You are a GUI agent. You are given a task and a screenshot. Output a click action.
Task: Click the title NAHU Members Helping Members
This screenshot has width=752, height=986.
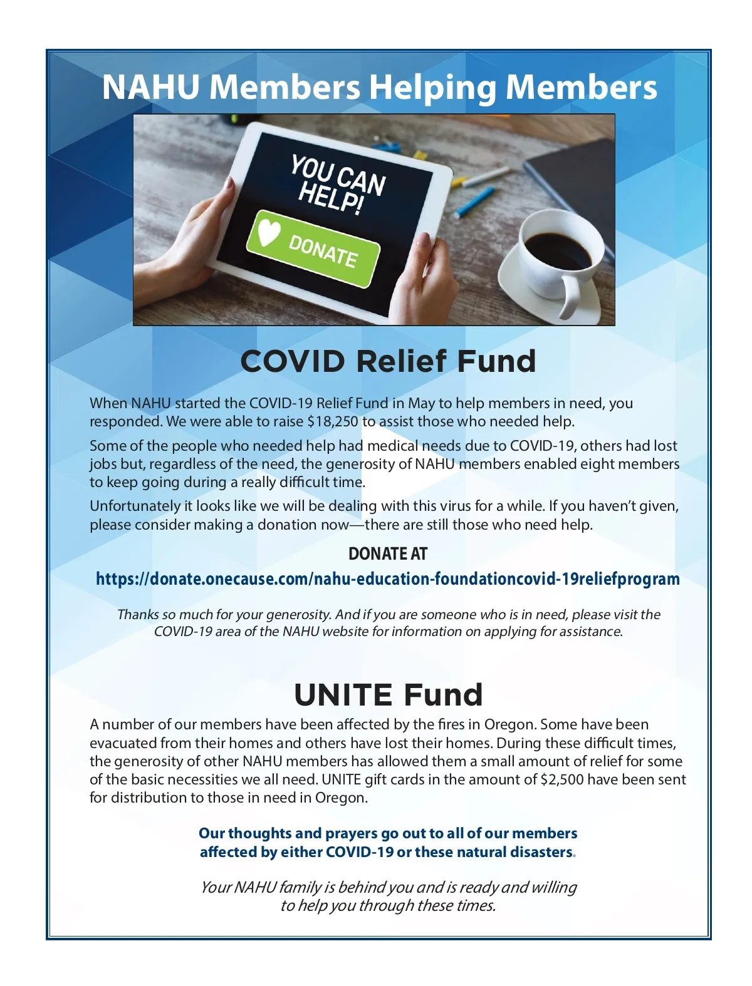pyautogui.click(x=379, y=87)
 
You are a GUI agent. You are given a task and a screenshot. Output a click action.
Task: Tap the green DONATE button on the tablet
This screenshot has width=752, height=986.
pyautogui.click(x=313, y=249)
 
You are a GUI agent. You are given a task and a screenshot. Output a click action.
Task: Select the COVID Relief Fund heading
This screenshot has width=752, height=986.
pyautogui.click(x=388, y=361)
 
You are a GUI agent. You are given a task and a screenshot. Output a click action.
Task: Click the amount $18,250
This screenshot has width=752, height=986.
pyautogui.click(x=333, y=421)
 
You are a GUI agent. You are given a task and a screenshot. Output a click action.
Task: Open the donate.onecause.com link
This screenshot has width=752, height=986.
pyautogui.click(x=387, y=578)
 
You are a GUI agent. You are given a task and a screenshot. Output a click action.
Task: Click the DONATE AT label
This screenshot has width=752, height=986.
pyautogui.click(x=387, y=554)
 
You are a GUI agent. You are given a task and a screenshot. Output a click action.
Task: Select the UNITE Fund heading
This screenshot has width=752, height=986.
pyautogui.click(x=388, y=695)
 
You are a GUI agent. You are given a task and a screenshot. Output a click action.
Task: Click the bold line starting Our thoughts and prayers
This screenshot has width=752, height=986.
pyautogui.click(x=388, y=834)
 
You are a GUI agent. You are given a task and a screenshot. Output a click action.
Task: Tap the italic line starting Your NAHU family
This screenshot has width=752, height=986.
pyautogui.click(x=388, y=888)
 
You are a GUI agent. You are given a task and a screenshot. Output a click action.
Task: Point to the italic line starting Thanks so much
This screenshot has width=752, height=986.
pyautogui.click(x=389, y=615)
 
